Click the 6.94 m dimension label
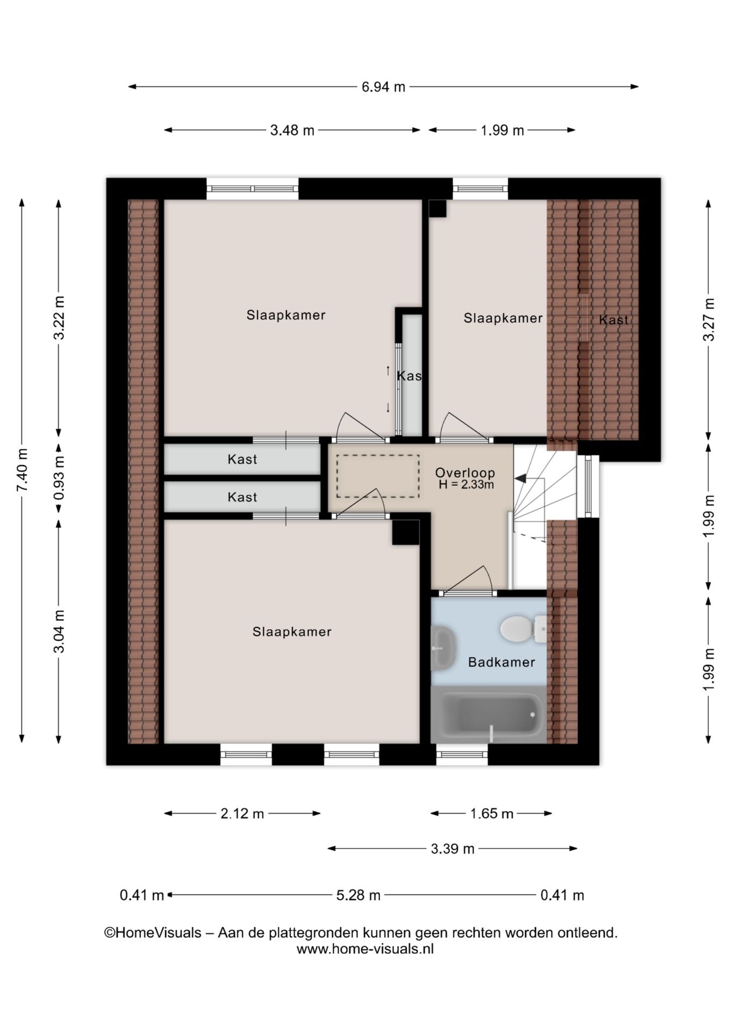(x=383, y=87)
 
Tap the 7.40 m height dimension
(x=22, y=469)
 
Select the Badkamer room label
(x=502, y=662)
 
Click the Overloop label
(x=465, y=473)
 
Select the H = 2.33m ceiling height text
(x=466, y=484)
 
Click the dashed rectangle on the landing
(x=378, y=476)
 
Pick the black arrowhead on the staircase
(x=521, y=478)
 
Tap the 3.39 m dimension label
(x=453, y=849)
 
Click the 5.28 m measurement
(x=358, y=895)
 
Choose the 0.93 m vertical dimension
(x=59, y=478)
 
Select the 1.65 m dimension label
(x=492, y=814)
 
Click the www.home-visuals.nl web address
(x=365, y=949)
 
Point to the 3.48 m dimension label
(x=292, y=130)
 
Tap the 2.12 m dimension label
(x=242, y=814)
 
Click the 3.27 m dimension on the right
(x=709, y=319)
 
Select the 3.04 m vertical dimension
(x=59, y=631)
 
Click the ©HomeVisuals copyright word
(x=153, y=933)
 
